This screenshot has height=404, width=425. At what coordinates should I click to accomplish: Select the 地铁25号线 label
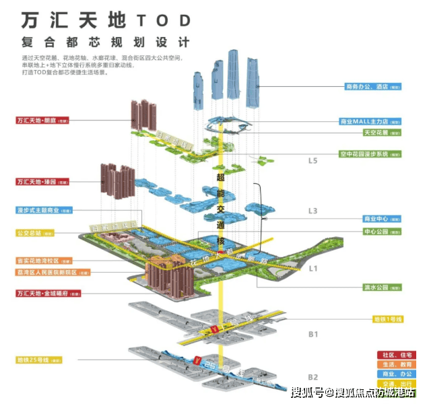point(41,360)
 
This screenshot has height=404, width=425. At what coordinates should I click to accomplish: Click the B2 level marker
point(313,376)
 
